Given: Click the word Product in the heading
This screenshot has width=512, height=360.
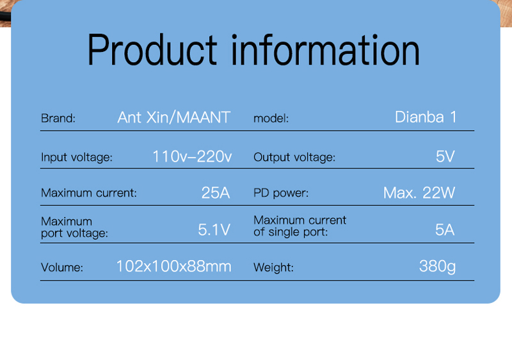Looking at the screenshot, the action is click(x=152, y=50).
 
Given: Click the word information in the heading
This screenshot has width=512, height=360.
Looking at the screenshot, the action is click(x=325, y=50).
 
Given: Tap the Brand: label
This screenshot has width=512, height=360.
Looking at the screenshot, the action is click(x=58, y=119).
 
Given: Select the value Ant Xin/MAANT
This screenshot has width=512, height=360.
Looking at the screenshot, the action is click(x=174, y=117).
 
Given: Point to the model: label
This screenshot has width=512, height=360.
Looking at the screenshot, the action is click(x=271, y=119).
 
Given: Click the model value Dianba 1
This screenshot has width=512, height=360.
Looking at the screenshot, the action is click(x=426, y=117).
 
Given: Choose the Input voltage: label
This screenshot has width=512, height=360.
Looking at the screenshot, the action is click(x=77, y=158).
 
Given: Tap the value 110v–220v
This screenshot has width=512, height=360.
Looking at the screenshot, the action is click(x=193, y=156).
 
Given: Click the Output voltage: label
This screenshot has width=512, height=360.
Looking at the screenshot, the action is click(x=294, y=158).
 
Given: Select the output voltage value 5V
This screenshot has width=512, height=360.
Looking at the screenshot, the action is click(x=445, y=156).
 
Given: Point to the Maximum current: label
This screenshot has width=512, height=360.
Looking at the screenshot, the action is click(x=89, y=193).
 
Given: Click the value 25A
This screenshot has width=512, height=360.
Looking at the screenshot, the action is click(x=216, y=193).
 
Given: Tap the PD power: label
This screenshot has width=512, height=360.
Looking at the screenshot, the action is click(x=281, y=193).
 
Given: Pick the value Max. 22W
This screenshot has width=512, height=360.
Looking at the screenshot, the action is click(x=419, y=193).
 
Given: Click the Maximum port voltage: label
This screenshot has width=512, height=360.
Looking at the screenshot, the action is click(x=74, y=227).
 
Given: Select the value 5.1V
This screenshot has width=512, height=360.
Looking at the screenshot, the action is click(x=214, y=230).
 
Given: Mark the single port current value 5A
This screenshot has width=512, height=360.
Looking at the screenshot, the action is click(x=445, y=230).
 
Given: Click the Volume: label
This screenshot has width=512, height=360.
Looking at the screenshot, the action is click(x=62, y=268).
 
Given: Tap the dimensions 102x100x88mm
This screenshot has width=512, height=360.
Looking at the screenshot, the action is click(x=174, y=266).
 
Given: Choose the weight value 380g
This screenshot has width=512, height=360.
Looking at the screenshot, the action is click(x=438, y=267).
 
